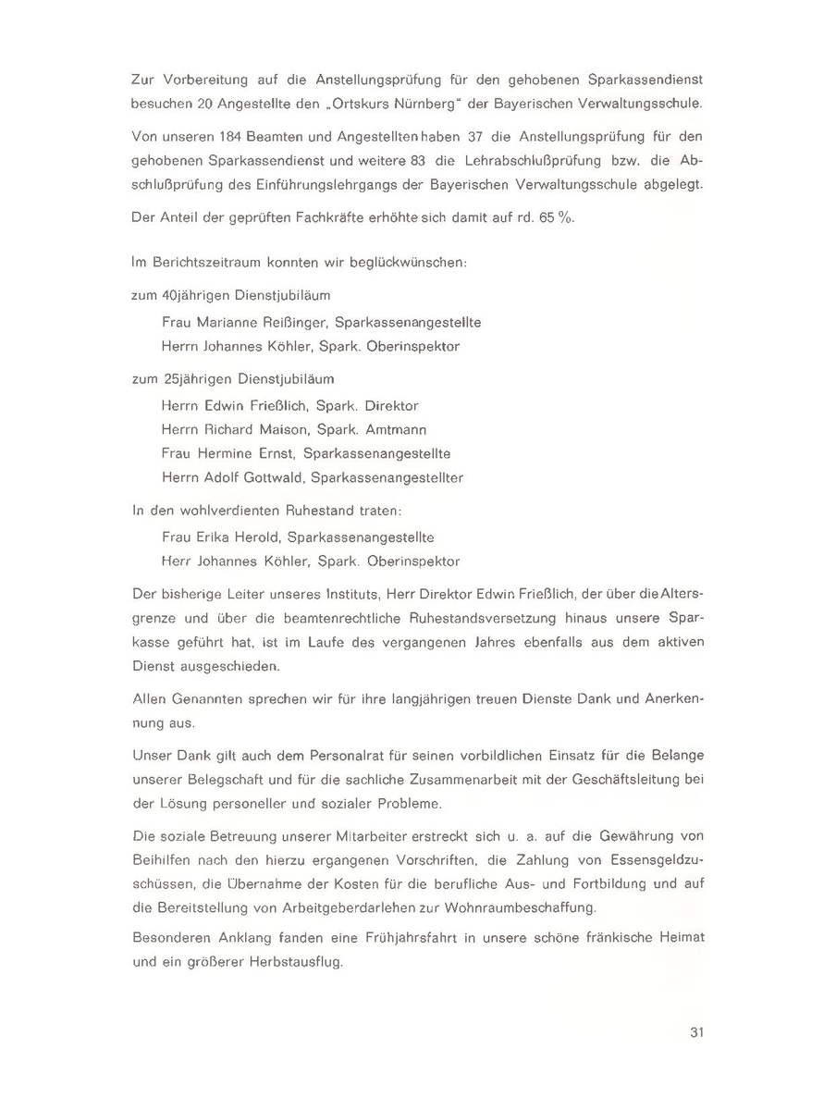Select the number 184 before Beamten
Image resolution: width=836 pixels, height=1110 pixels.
pos(242,136)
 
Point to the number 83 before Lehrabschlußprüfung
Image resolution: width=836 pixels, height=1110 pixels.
pos(411,160)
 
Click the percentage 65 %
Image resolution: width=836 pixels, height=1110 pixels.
pos(550,221)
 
